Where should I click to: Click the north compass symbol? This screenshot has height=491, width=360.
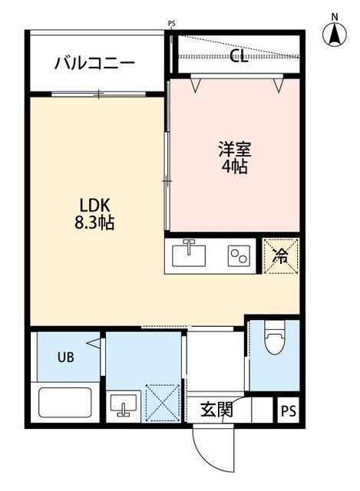[x=335, y=34]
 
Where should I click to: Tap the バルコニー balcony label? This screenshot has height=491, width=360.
[x=94, y=62]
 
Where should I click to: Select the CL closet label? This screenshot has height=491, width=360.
[x=239, y=57]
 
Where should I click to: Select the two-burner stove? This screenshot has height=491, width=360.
[x=239, y=255]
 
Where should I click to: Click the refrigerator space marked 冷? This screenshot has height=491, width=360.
[x=280, y=255]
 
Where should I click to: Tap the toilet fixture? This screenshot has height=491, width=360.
[x=273, y=342]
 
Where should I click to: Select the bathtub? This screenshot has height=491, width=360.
[x=65, y=402]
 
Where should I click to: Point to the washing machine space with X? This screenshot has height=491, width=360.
[x=163, y=401]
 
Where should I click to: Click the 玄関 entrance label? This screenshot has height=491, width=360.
[x=216, y=410]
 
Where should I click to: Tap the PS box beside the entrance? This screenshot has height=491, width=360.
[x=287, y=410]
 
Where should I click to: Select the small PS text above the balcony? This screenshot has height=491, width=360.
[x=171, y=24]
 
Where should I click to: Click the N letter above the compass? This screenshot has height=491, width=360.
[x=335, y=16]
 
